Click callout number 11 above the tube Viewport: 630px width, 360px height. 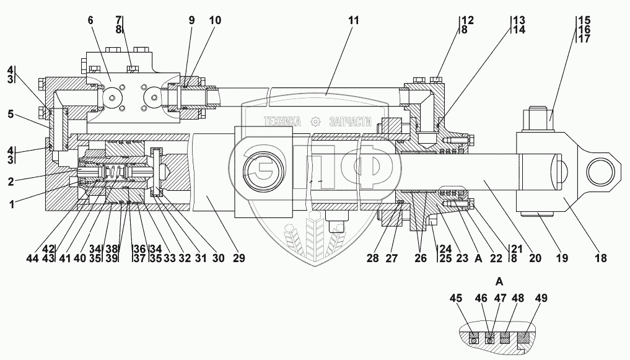coord(353,20)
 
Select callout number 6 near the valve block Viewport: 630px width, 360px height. coord(91,20)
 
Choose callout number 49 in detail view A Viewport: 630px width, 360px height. coord(541,299)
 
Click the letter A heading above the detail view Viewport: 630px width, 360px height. coord(499,280)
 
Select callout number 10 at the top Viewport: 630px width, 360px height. coord(214,20)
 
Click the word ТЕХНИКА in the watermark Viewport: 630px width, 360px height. coord(283,121)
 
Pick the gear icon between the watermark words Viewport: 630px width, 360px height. coord(316,121)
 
